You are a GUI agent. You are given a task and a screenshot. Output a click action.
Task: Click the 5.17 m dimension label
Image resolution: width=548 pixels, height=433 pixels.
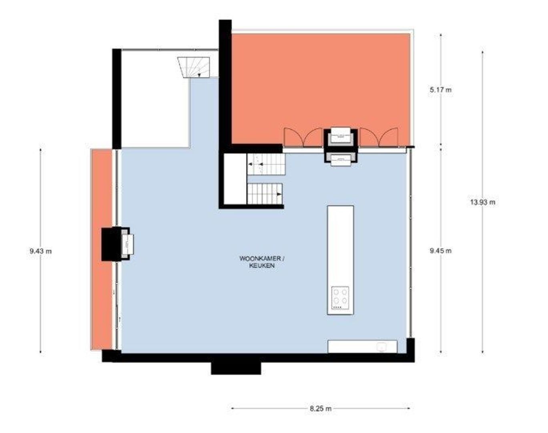point(440,90)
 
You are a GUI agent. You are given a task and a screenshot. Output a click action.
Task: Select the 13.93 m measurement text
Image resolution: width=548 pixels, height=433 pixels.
point(482,202)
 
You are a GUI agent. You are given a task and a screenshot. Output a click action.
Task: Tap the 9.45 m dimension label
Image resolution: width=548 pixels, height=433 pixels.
point(440,251)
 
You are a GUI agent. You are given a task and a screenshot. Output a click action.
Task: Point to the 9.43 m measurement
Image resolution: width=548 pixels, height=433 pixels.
point(40,251)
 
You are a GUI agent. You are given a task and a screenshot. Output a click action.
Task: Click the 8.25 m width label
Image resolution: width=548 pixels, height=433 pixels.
point(321,409)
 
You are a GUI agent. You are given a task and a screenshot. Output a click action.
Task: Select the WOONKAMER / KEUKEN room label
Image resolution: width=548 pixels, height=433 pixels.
point(262,262)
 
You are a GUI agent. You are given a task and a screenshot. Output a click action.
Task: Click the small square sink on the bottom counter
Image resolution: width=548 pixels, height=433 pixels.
point(381,346)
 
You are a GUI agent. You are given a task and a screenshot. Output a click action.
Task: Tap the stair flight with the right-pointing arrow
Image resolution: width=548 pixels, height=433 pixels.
point(264,194)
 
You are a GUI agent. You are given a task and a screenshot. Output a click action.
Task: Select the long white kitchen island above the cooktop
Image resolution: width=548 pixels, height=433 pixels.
point(340,245)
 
